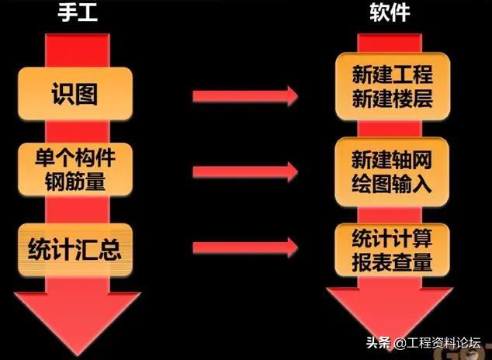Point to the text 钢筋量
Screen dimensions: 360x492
pyautogui.click(x=76, y=183)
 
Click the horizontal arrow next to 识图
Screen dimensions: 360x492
pyautogui.click(x=244, y=96)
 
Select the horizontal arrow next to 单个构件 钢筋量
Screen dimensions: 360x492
pyautogui.click(x=244, y=171)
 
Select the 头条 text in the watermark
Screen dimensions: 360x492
pyautogui.click(x=375, y=342)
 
